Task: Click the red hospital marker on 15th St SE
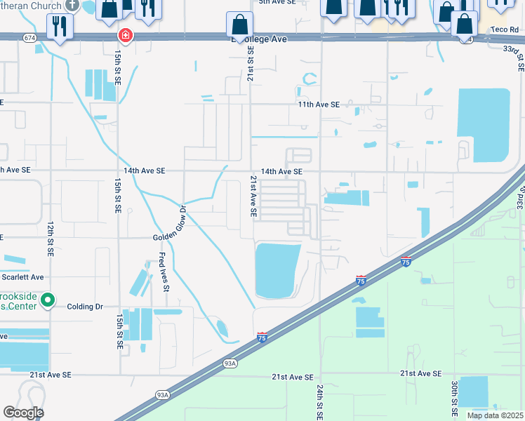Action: tap(125, 35)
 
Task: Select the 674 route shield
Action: tap(29, 36)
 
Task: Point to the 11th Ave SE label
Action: tap(318, 105)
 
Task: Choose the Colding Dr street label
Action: tap(85, 307)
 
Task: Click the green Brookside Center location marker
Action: tap(47, 301)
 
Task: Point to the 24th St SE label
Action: tap(319, 400)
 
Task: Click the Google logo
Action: tap(23, 413)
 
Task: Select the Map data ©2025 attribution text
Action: tap(494, 415)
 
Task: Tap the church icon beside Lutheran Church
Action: tap(72, 4)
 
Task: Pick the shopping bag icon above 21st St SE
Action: tap(240, 25)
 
